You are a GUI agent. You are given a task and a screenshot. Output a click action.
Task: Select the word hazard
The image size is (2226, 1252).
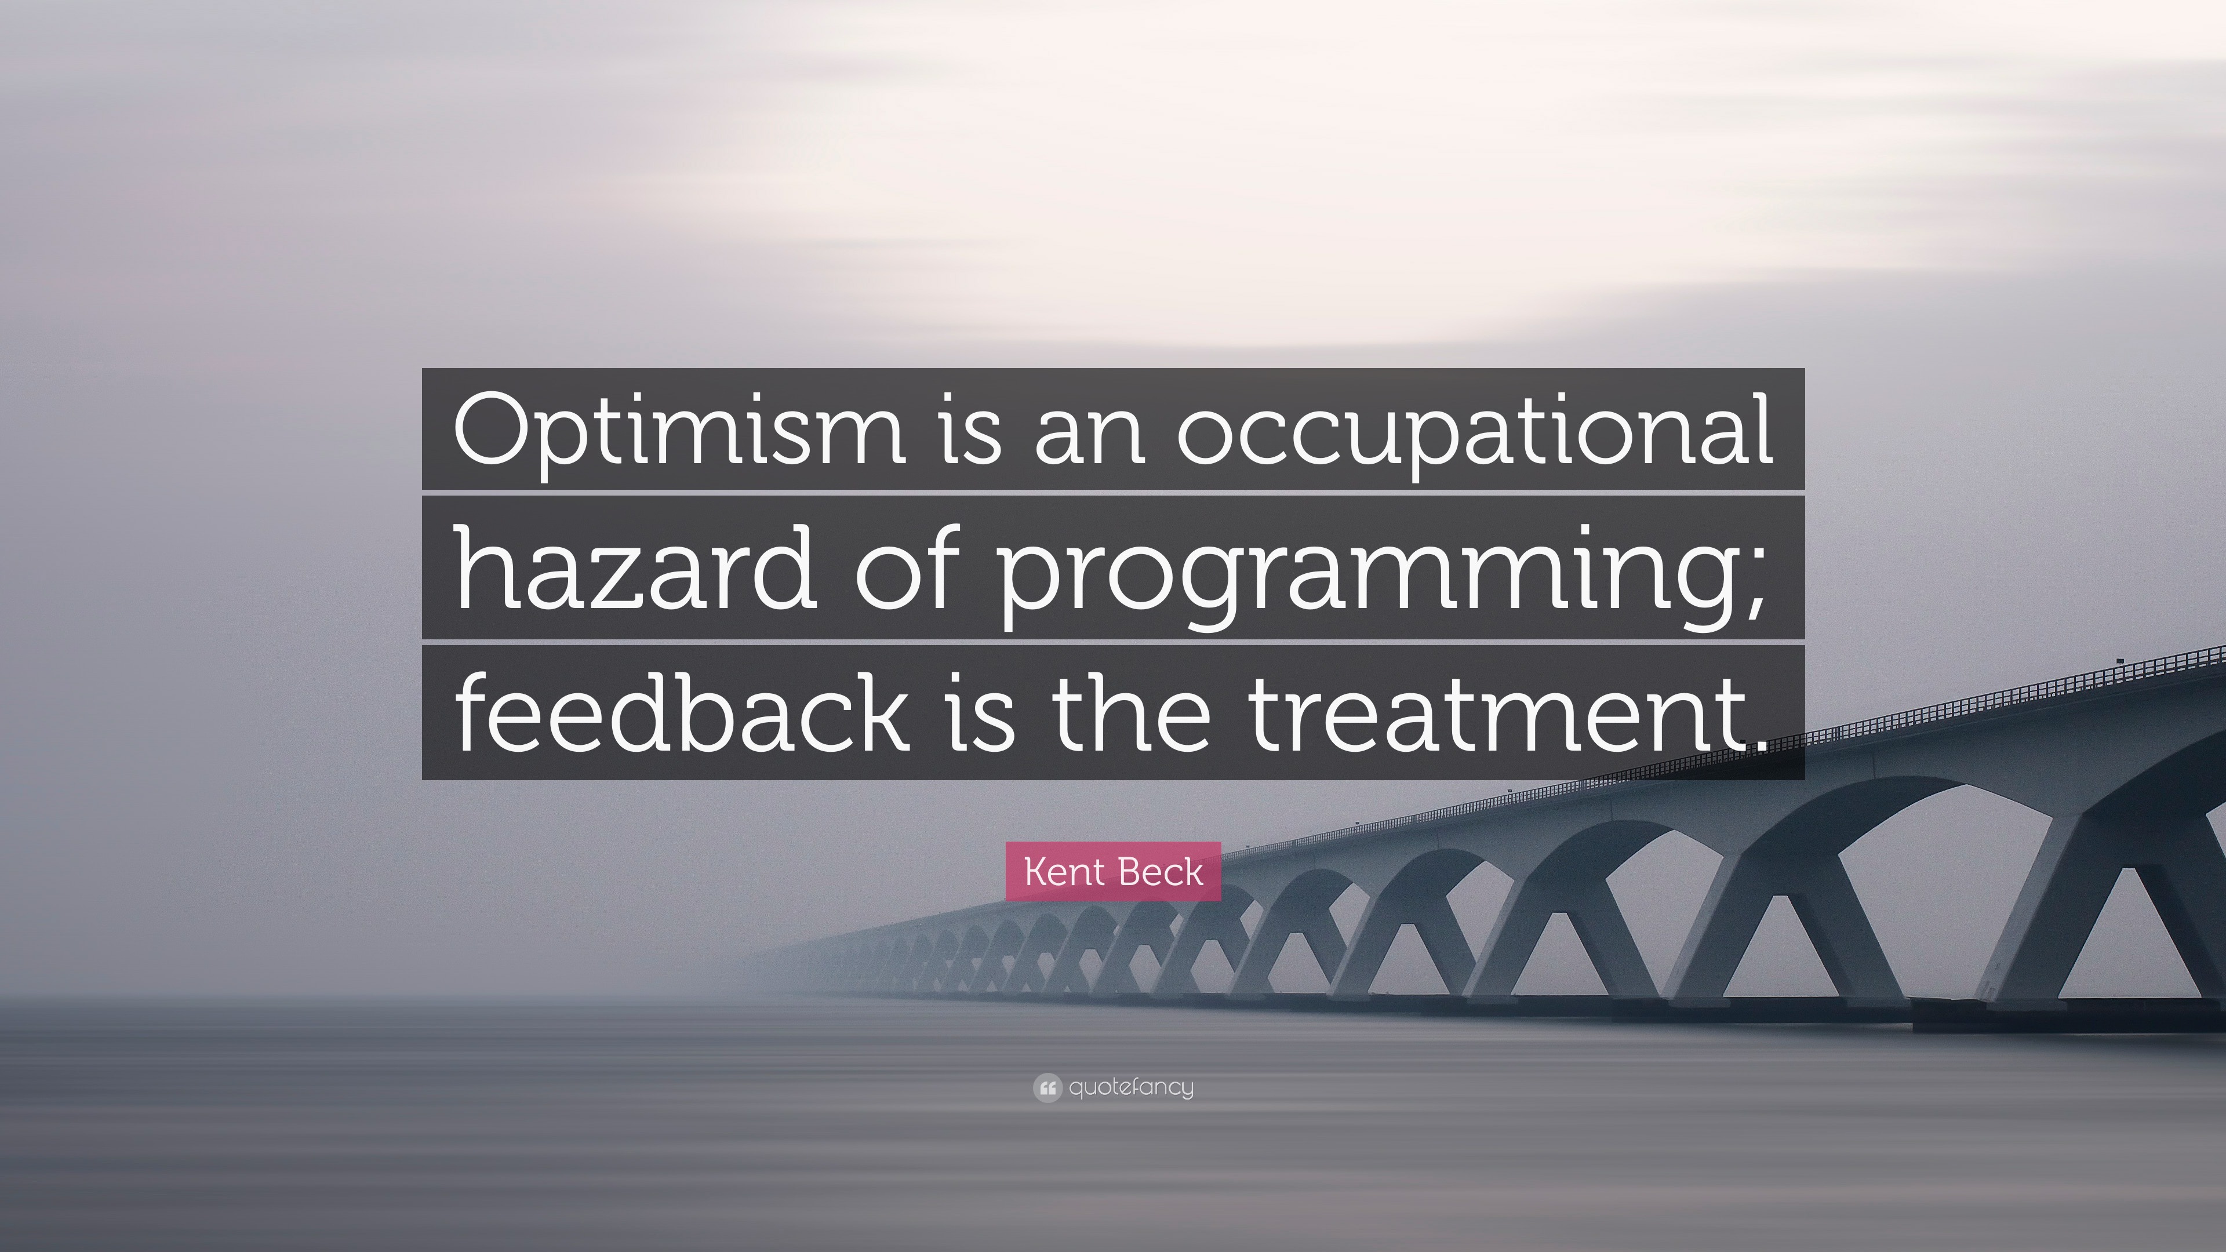(x=635, y=571)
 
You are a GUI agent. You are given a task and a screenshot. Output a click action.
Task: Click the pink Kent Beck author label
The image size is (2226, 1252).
(x=1113, y=872)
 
